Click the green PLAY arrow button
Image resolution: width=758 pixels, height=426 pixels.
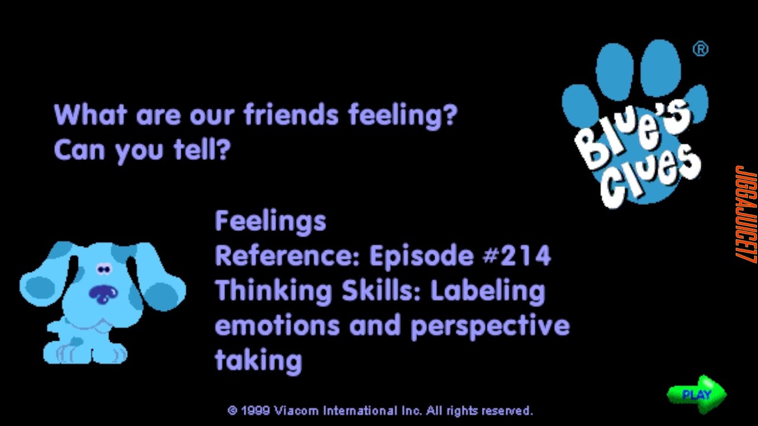point(696,393)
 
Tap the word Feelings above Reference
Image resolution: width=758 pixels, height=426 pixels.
point(270,222)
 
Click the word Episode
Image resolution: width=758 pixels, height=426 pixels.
point(421,256)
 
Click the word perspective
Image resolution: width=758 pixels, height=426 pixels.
point(489,326)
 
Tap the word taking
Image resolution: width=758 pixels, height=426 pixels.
point(258,360)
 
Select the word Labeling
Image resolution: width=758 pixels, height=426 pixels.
point(487,291)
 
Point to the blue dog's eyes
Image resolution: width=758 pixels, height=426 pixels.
point(104,270)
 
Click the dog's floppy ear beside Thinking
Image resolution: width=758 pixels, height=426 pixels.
point(163,290)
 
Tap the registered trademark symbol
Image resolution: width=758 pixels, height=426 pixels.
point(700,50)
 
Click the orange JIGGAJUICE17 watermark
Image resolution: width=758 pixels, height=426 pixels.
point(744,213)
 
